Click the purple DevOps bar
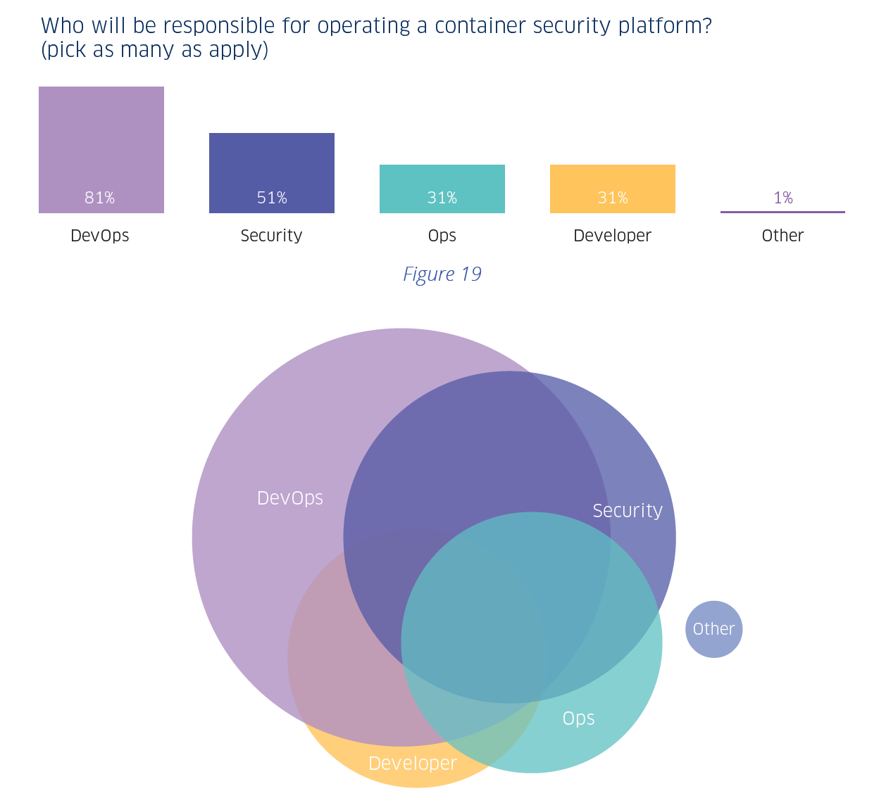pyautogui.click(x=101, y=141)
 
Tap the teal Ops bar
pyautogui.click(x=442, y=179)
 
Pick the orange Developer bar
pyautogui.click(x=613, y=179)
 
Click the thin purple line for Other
pyautogui.click(x=782, y=212)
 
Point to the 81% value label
pyautogui.click(x=100, y=198)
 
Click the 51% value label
pyautogui.click(x=272, y=198)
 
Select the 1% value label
pyautogui.click(x=783, y=198)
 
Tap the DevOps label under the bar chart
pyautogui.click(x=100, y=236)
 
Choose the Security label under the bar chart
pyautogui.click(x=271, y=236)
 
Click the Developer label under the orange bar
pyautogui.click(x=612, y=236)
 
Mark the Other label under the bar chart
pyautogui.click(x=782, y=236)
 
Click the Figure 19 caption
pyautogui.click(x=442, y=274)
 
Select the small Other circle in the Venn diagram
pyautogui.click(x=713, y=629)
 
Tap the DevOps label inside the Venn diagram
pyautogui.click(x=290, y=498)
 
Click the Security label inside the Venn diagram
pyautogui.click(x=628, y=511)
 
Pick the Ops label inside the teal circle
pyautogui.click(x=578, y=718)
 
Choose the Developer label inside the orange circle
pyautogui.click(x=413, y=763)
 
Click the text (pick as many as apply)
pyautogui.click(x=155, y=51)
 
